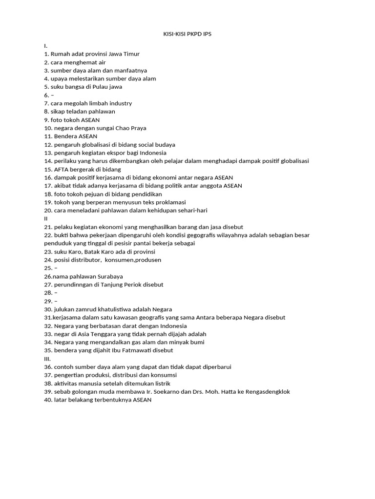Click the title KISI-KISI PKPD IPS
pyautogui.click(x=187, y=34)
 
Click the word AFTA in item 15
pyautogui.click(x=62, y=169)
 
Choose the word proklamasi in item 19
pyautogui.click(x=170, y=202)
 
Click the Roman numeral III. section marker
pyautogui.click(x=47, y=359)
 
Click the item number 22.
pyautogui.click(x=48, y=235)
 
